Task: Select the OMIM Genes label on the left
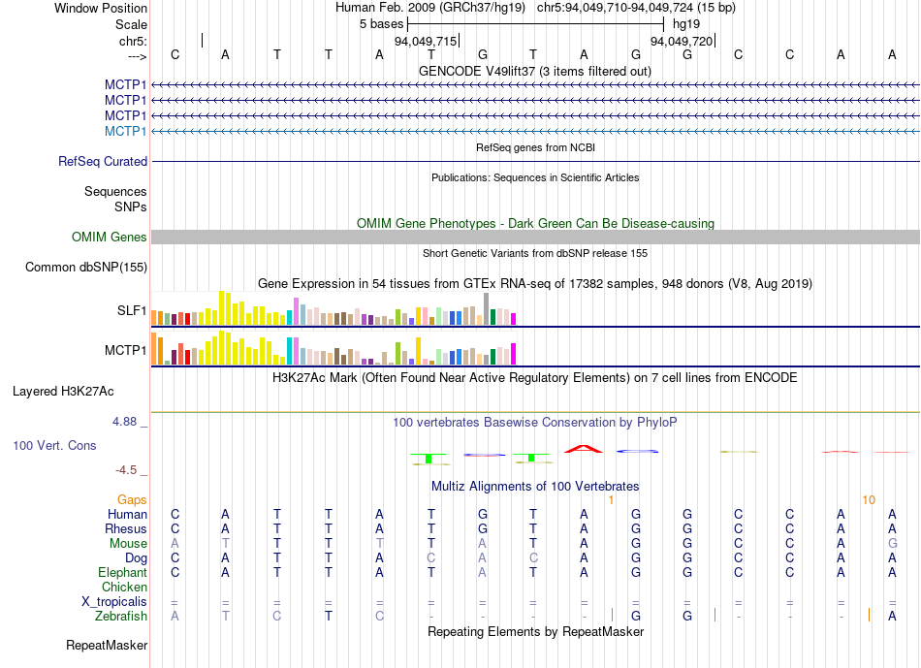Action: [110, 237]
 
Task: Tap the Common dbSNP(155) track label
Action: [86, 267]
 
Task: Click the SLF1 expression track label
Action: [132, 311]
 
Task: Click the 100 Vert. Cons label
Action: [54, 445]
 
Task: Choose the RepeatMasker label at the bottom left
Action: [107, 645]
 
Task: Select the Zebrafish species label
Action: [121, 616]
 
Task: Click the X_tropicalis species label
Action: [114, 601]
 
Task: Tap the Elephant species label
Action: [123, 572]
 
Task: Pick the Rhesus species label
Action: [126, 528]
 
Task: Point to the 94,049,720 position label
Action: [682, 42]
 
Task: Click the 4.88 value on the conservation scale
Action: [125, 422]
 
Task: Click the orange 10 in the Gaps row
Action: [869, 499]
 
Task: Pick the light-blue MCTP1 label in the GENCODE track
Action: [126, 131]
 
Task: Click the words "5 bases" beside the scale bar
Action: [381, 22]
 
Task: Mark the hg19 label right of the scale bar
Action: [685, 22]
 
